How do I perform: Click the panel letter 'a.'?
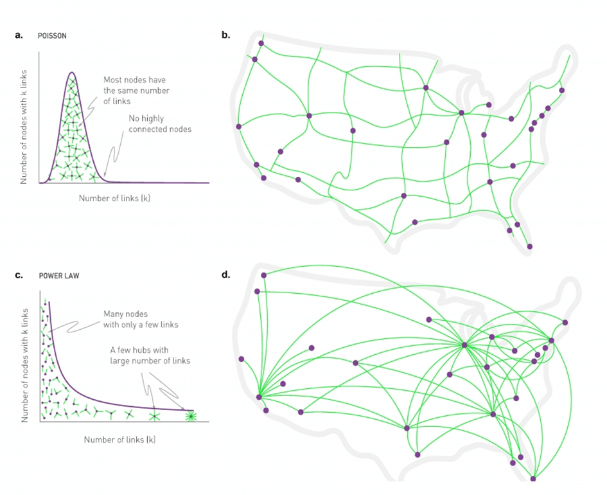click(x=19, y=36)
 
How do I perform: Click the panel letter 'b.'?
click(x=225, y=36)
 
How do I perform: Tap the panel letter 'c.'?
click(x=19, y=275)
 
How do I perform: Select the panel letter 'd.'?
click(x=225, y=275)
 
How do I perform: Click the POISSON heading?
click(x=52, y=37)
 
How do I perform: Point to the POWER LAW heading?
click(x=57, y=276)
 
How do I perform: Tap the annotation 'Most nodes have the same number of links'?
click(x=137, y=91)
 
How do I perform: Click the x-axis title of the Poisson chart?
click(x=114, y=198)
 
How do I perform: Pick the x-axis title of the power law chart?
click(x=119, y=440)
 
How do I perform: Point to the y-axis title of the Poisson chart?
click(x=24, y=125)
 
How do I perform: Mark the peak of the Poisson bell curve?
click(x=71, y=73)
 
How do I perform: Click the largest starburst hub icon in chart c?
click(x=190, y=417)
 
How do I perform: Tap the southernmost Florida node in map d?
click(x=533, y=478)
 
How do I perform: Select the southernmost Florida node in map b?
click(x=530, y=246)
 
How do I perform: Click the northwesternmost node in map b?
click(x=261, y=44)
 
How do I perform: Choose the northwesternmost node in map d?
click(x=263, y=275)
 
